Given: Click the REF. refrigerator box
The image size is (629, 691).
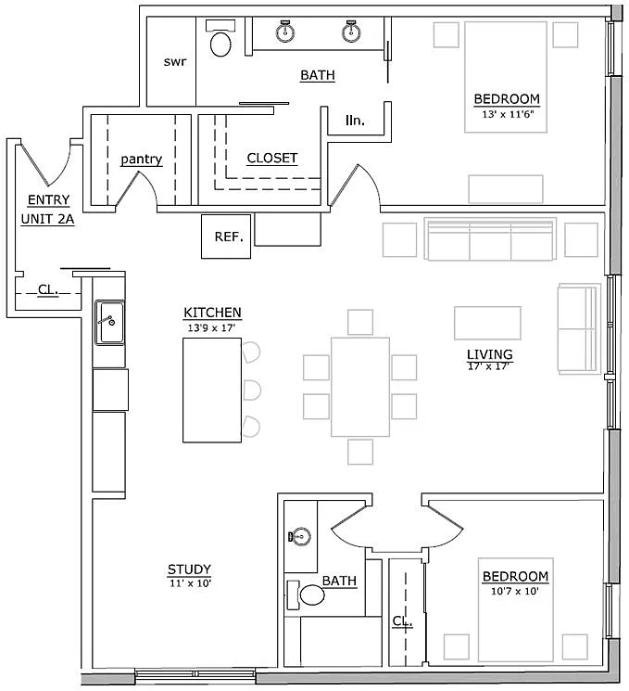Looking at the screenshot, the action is pos(226,237).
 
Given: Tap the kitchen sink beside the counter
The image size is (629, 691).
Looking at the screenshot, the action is pos(109,323).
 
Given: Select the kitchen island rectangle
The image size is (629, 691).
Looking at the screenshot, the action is pos(212,390).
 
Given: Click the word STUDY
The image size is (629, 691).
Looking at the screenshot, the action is pos(189,569).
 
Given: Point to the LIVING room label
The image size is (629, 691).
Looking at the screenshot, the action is pos(489,354).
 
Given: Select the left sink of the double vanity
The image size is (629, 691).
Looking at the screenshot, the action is pos(285,31).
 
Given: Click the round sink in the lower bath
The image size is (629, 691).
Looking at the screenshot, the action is pos(301,537).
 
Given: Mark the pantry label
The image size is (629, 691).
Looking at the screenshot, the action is pos(142,160).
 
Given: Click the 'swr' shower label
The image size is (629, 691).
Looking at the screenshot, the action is pos(175,62).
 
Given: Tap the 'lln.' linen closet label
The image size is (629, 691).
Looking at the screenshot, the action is pos(355,121).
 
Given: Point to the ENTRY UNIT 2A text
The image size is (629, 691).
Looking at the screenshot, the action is pos(47,210).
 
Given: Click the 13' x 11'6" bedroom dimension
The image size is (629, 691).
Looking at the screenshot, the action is pos(508,114).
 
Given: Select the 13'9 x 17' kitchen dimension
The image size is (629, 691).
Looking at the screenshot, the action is pos(212,327).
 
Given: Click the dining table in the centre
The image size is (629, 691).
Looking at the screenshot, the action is pos(360,387).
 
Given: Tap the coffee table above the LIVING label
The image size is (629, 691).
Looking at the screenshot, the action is pos(487,323).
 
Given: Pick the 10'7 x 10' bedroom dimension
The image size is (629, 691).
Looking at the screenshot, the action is pos(515,591).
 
